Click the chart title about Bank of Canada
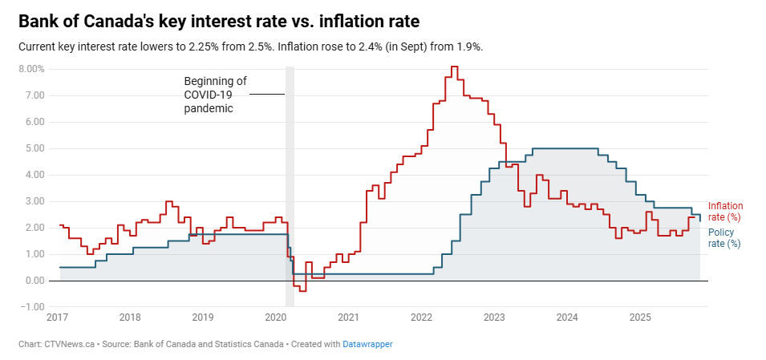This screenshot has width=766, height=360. pyautogui.click(x=218, y=20)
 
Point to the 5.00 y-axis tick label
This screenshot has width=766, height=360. pyautogui.click(x=34, y=148)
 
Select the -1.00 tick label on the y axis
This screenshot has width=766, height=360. pyautogui.click(x=32, y=307)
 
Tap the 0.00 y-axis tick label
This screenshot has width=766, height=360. pyautogui.click(x=34, y=281)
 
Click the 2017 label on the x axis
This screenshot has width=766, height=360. pyautogui.click(x=57, y=318)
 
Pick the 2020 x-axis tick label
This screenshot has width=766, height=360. pyautogui.click(x=276, y=318)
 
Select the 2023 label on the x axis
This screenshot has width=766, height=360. pyautogui.click(x=495, y=318)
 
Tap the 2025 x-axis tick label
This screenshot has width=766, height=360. pyautogui.click(x=640, y=318)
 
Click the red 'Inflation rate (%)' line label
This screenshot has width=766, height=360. pyautogui.click(x=725, y=212)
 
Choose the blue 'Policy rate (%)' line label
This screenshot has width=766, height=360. pyautogui.click(x=723, y=238)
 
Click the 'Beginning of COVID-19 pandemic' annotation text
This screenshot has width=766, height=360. pyautogui.click(x=215, y=95)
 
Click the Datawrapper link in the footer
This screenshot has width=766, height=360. pyautogui.click(x=367, y=344)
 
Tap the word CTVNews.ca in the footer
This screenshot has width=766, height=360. pyautogui.click(x=70, y=344)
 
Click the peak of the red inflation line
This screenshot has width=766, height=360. pyautogui.click(x=454, y=67)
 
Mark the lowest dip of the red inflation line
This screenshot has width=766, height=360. pyautogui.click(x=302, y=290)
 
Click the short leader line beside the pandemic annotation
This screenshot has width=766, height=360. pyautogui.click(x=266, y=95)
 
